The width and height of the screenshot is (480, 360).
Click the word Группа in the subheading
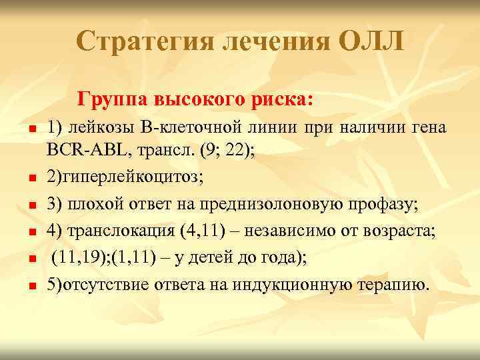(x=113, y=100)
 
